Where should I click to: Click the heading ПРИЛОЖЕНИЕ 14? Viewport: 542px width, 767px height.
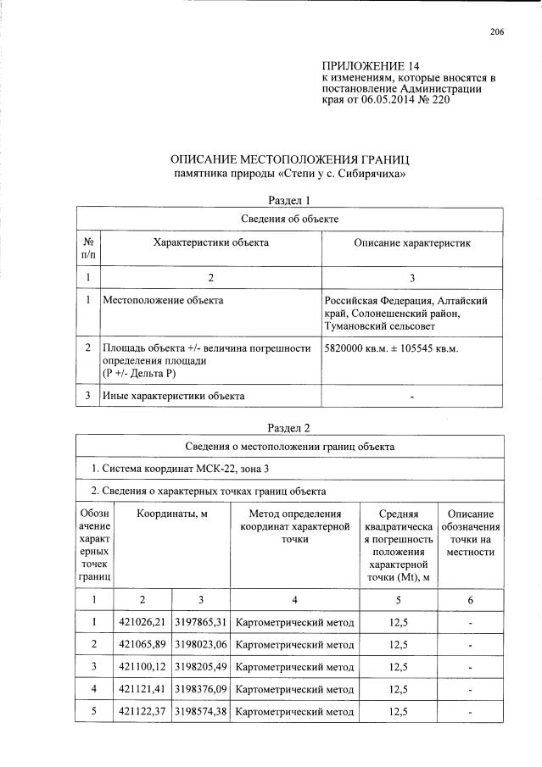pyautogui.click(x=371, y=66)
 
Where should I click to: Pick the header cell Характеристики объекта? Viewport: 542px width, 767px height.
pyautogui.click(x=210, y=242)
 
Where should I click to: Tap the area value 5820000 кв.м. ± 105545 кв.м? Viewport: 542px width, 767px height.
pyautogui.click(x=390, y=348)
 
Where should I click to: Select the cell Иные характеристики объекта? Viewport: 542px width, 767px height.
pyautogui.click(x=173, y=395)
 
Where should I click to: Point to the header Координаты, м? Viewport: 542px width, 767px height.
pyautogui.click(x=172, y=514)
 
